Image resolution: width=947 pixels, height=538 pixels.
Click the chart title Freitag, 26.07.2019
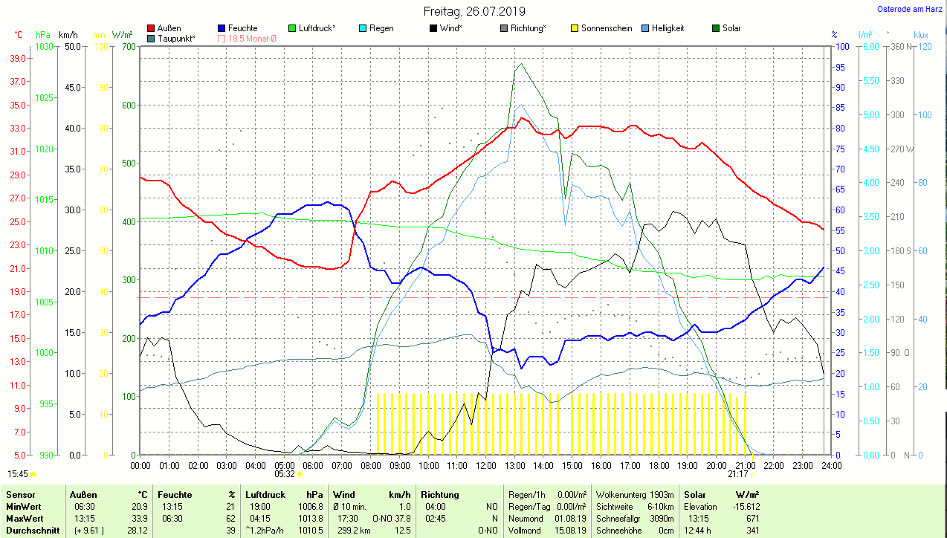click(x=473, y=11)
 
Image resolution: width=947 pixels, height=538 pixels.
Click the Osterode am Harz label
click(x=908, y=9)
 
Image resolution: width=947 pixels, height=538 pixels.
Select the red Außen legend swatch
click(x=152, y=28)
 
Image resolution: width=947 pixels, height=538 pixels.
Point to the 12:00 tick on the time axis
click(x=485, y=466)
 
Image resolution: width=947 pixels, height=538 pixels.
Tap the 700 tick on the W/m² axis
click(x=129, y=47)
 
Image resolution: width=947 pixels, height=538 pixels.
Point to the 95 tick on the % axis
click(x=840, y=67)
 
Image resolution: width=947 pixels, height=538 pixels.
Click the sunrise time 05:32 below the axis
click(x=285, y=473)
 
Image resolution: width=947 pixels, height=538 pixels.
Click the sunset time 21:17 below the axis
click(x=738, y=473)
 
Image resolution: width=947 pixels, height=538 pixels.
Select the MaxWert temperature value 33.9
click(x=140, y=519)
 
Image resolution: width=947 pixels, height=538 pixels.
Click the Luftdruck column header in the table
click(x=265, y=495)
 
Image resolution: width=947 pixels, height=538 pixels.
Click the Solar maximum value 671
click(x=752, y=519)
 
